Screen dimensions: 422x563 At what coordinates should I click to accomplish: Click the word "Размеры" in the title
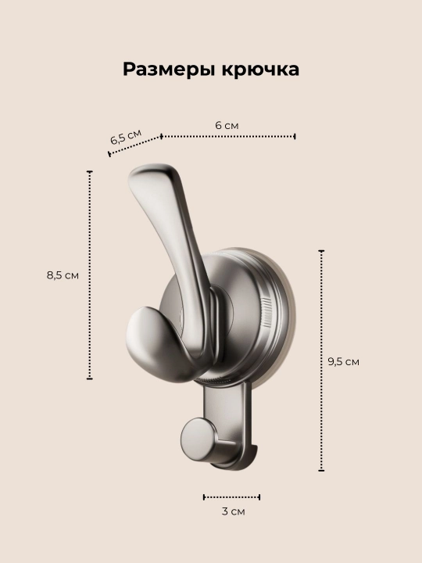pyautogui.click(x=169, y=69)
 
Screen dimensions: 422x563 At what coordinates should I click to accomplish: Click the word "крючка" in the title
pyautogui.click(x=260, y=69)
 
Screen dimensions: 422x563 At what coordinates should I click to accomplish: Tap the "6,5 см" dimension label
pyautogui.click(x=126, y=136)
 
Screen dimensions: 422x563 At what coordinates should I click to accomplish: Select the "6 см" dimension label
pyautogui.click(x=227, y=125)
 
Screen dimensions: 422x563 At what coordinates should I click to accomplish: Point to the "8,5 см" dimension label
pyautogui.click(x=63, y=275)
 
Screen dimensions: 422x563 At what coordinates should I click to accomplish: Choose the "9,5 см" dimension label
pyautogui.click(x=343, y=361)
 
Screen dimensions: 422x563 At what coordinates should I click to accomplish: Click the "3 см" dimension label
pyautogui.click(x=233, y=511)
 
